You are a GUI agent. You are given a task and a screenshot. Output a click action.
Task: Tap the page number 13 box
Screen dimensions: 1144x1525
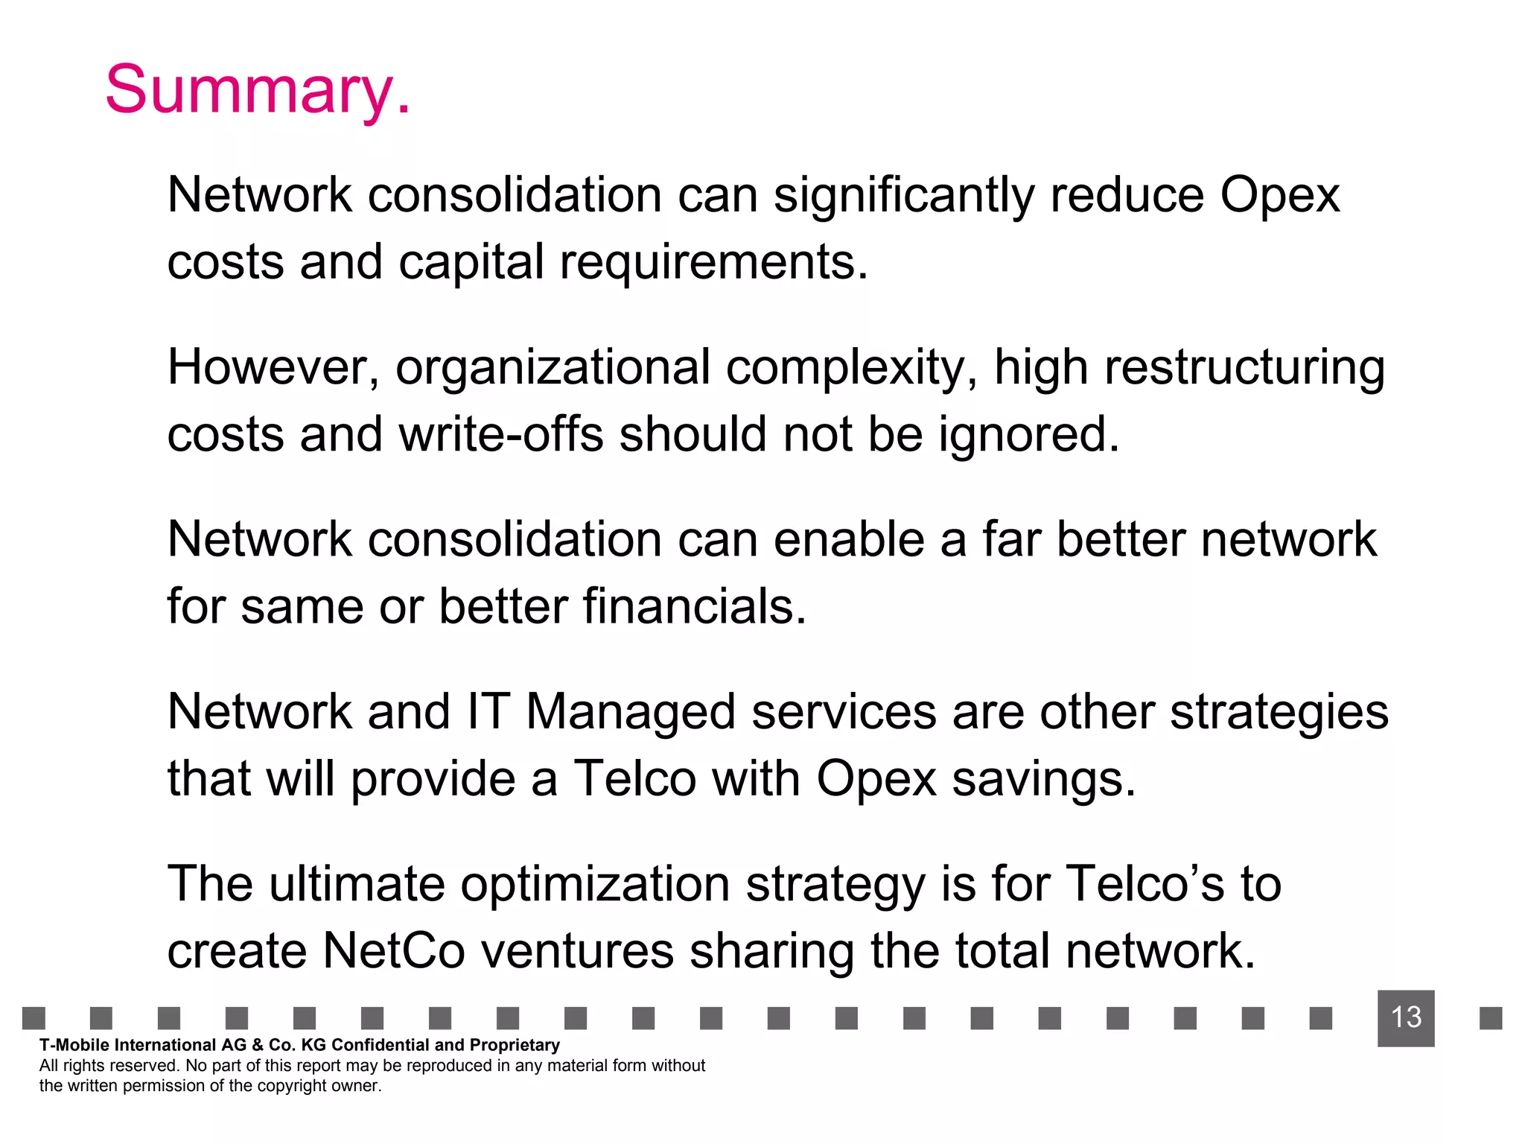pyautogui.click(x=1406, y=1017)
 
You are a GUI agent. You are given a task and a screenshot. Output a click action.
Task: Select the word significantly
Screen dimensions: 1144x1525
pyautogui.click(x=903, y=196)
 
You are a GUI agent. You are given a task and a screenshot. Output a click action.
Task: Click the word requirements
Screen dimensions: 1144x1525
pyautogui.click(x=713, y=263)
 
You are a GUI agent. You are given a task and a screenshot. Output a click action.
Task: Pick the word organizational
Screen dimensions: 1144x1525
pyautogui.click(x=553, y=369)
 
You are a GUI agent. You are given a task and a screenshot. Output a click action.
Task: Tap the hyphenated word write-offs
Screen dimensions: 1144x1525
pyautogui.click(x=501, y=434)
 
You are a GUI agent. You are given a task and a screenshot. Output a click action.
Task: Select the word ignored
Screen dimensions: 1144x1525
pyautogui.click(x=1028, y=436)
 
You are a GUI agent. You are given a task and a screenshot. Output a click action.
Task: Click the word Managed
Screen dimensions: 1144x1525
pyautogui.click(x=631, y=713)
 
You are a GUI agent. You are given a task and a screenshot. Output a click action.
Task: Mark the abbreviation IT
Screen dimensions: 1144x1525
pyautogui.click(x=488, y=711)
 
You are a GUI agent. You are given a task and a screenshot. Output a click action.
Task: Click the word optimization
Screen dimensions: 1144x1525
pyautogui.click(x=595, y=885)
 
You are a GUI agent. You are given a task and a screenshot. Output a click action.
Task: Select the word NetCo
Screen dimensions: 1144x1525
pyautogui.click(x=394, y=951)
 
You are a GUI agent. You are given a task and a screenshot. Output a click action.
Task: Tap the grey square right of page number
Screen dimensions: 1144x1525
pyautogui.click(x=1490, y=1017)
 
